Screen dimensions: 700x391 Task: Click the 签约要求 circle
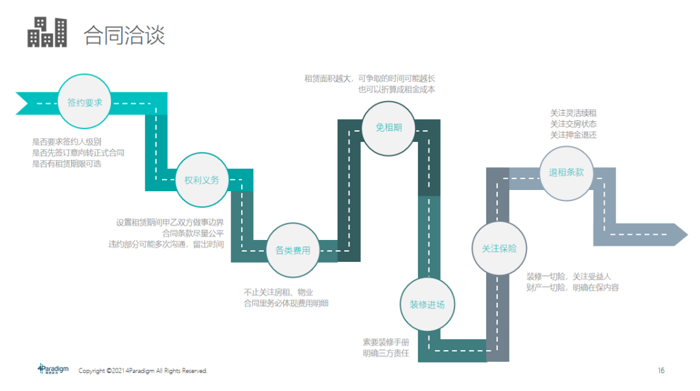point(85,102)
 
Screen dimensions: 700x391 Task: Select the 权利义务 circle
point(202,180)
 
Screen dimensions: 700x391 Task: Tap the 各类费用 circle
point(292,250)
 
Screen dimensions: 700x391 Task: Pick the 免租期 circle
point(389,128)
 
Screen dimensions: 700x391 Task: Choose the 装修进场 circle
point(426,305)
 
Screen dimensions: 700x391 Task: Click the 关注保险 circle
point(499,248)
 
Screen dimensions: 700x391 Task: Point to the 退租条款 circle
point(566,172)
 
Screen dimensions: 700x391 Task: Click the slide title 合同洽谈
point(124,35)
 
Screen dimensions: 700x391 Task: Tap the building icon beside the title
point(47,32)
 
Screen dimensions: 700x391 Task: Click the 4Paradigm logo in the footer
point(53,369)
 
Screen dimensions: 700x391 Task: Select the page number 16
point(661,371)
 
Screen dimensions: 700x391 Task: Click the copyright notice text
point(143,371)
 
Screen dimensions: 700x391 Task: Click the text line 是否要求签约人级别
point(67,141)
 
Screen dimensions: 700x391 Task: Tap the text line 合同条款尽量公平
point(192,233)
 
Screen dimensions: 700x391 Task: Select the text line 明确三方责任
point(386,353)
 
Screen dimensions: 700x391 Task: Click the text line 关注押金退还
point(573,135)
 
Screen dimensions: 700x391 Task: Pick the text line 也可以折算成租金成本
point(397,89)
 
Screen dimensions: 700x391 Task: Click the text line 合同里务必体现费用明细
point(286,303)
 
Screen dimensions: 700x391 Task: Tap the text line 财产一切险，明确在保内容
point(572,287)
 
